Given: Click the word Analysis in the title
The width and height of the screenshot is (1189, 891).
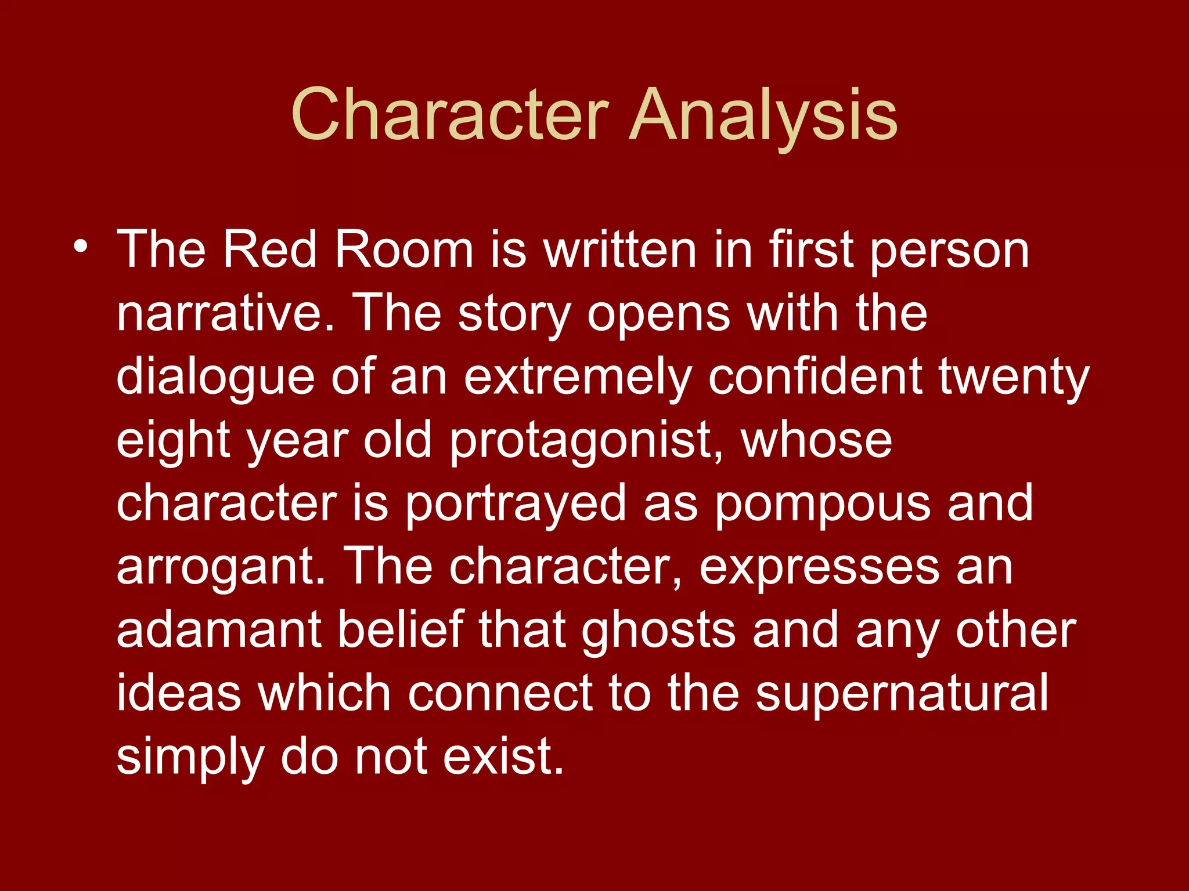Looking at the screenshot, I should click(763, 116).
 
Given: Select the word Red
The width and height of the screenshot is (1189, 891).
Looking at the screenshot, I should click(269, 250).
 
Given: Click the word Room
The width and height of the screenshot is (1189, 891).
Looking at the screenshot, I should click(404, 250).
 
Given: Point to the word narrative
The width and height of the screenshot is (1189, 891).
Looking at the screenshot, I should click(226, 314).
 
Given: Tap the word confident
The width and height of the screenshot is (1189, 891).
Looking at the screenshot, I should click(815, 377).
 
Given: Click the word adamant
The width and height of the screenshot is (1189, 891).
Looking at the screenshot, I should click(219, 631).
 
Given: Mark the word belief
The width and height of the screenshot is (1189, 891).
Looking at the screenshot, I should click(401, 631).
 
